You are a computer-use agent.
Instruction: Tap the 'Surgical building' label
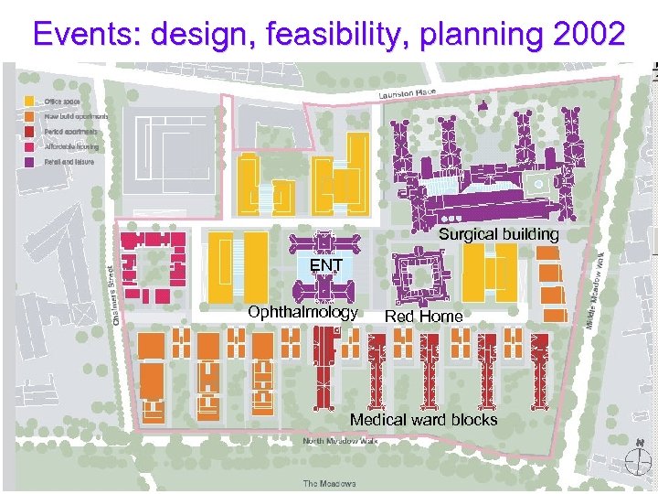pos(498,235)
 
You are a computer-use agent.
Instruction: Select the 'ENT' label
pos(325,266)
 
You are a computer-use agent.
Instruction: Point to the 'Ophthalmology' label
pos(302,312)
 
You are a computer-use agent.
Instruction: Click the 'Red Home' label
pos(423,317)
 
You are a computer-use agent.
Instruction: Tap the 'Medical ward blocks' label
pos(423,420)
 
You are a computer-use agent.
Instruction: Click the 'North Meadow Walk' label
pos(339,442)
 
